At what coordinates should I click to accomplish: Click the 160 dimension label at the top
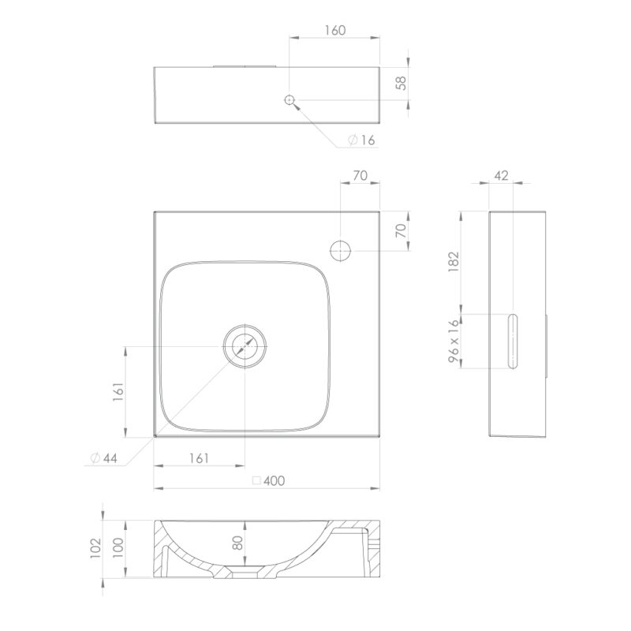coord(335,31)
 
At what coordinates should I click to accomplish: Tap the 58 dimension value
coord(401,84)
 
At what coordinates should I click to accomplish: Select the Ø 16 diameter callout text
coord(361,140)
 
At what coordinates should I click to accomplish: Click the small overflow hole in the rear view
coord(289,100)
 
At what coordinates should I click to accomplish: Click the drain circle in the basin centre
coord(245,346)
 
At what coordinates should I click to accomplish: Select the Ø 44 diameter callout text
coord(104,458)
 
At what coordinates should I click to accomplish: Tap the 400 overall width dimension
coord(269,480)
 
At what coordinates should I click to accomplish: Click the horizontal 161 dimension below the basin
coord(199,458)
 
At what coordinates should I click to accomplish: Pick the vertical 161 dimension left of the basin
coord(118,391)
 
